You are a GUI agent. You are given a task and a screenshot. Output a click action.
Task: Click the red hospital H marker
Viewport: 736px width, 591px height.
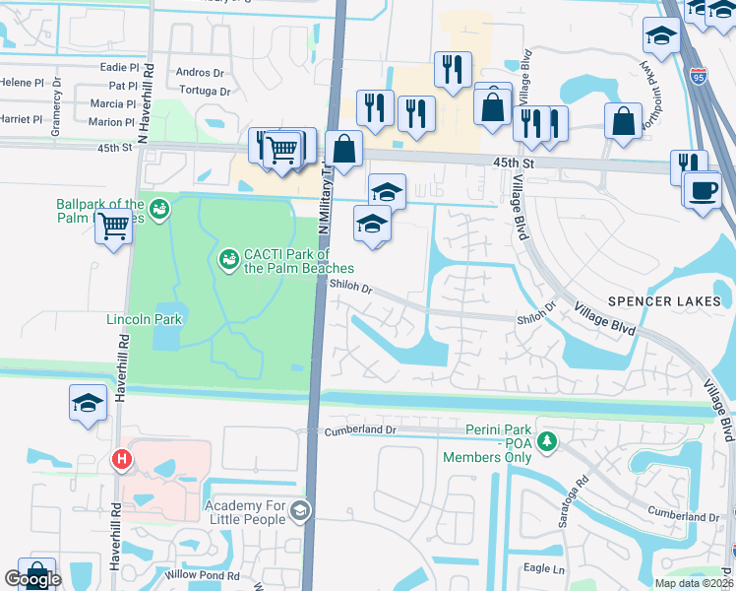click(121, 458)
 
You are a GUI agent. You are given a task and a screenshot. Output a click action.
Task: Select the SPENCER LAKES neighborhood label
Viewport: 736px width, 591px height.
click(664, 300)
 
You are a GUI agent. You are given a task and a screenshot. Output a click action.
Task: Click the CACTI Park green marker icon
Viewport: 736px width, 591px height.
click(228, 258)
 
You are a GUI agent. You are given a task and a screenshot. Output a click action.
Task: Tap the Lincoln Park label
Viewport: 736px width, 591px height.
click(145, 320)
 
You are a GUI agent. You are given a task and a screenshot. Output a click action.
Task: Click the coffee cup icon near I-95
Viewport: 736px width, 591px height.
click(703, 189)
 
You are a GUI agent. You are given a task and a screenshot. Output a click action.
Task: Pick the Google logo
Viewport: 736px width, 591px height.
click(33, 579)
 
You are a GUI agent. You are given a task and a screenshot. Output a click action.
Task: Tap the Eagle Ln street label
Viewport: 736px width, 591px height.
click(543, 568)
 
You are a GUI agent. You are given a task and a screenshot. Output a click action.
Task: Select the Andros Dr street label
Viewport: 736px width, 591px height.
click(200, 72)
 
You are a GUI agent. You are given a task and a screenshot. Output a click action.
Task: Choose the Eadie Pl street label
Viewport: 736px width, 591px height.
click(119, 67)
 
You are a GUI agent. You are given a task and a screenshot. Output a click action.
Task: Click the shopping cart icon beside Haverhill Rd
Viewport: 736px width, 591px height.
click(114, 228)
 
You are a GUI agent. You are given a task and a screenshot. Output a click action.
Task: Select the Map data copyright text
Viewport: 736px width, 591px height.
click(692, 583)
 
